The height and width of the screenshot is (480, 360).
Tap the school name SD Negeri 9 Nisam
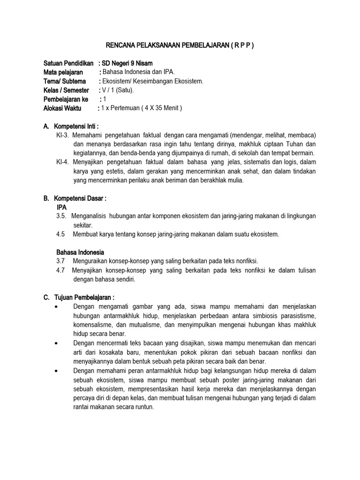127,63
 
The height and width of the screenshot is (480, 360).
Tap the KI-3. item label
62,135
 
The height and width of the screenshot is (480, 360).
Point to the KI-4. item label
62,162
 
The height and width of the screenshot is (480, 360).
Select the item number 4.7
60,270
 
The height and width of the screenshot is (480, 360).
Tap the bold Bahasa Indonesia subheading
80,252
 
